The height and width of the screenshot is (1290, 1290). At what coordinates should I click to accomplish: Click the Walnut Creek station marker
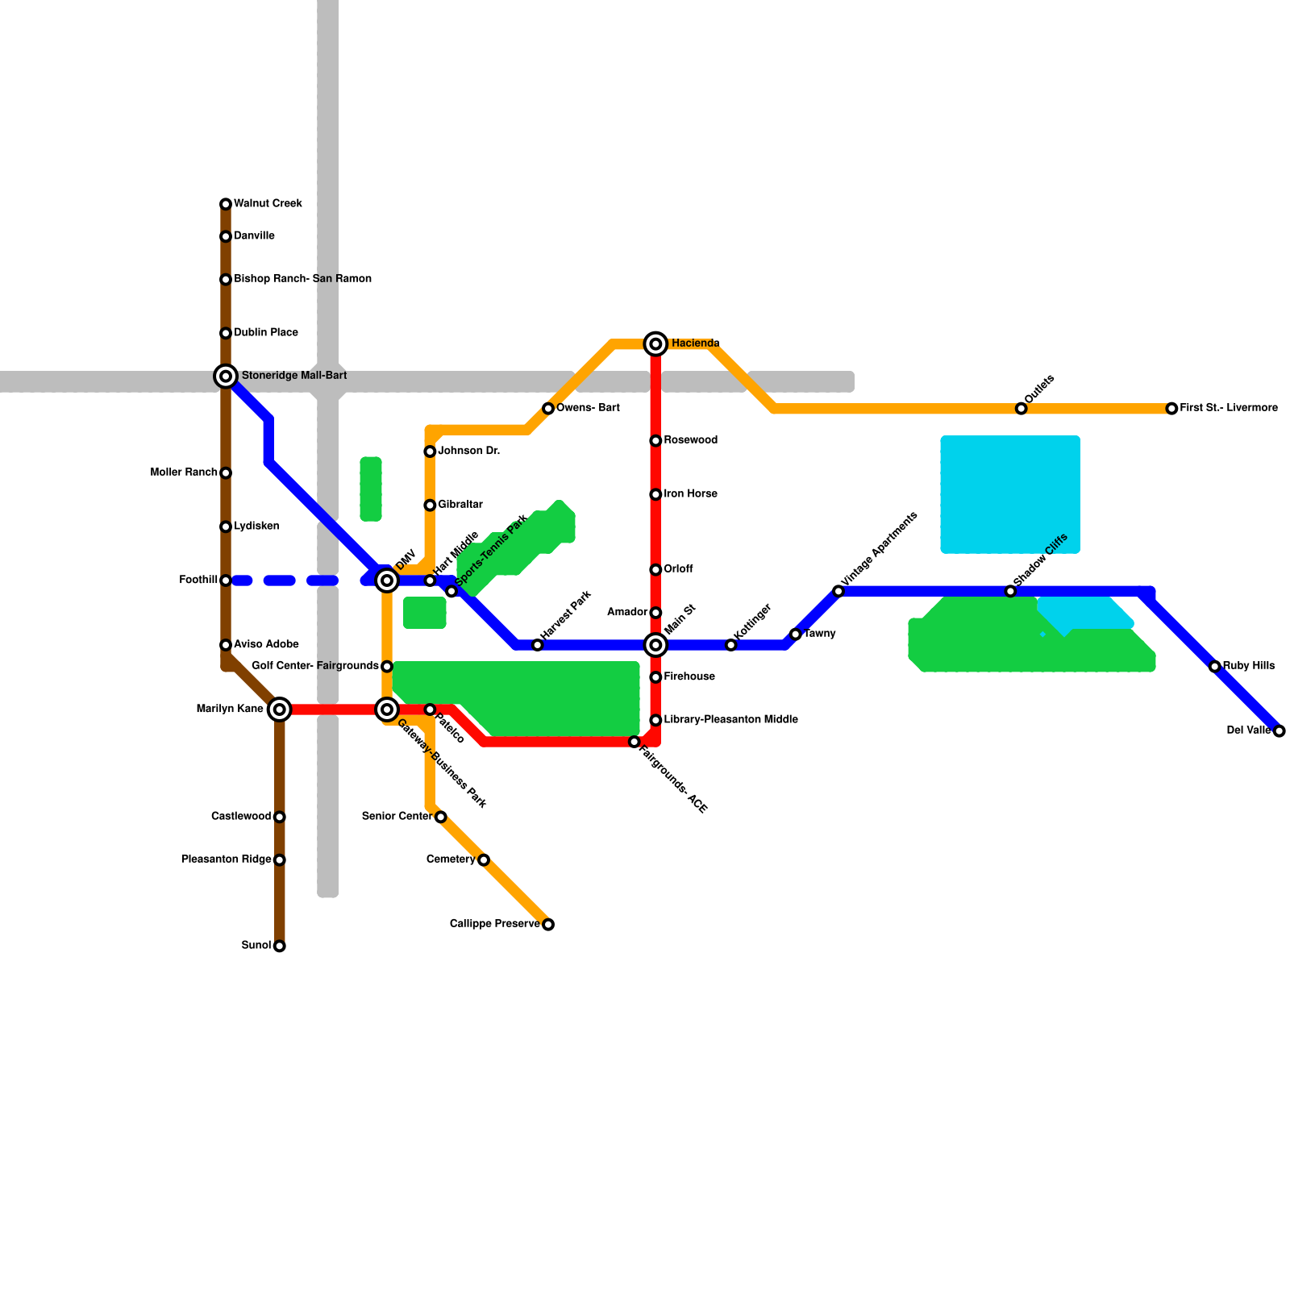[226, 204]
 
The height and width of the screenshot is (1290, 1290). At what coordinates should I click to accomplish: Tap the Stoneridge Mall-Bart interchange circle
[226, 376]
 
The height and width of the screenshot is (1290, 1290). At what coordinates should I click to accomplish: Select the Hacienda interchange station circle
[656, 344]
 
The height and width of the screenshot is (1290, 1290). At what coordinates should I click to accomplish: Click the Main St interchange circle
[656, 645]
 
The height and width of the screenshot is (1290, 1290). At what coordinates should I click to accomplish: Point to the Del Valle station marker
[1279, 731]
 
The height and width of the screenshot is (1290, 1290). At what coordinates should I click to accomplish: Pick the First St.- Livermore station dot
[1171, 409]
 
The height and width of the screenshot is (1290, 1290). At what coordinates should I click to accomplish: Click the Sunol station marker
[279, 946]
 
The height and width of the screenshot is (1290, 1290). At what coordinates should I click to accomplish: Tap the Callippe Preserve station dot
[548, 925]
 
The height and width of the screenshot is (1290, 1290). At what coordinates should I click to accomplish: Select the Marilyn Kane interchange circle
[279, 709]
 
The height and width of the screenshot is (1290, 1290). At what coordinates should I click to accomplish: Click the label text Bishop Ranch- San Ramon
[302, 279]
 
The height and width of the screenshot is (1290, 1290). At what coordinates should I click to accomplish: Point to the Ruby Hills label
[1248, 666]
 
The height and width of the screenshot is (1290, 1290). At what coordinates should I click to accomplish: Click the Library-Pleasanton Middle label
[730, 719]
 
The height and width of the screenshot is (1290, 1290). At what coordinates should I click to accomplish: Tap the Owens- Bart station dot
[548, 409]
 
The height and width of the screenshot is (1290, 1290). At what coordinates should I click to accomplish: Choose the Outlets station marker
[1021, 409]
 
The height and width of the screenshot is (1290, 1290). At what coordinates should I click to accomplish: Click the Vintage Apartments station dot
[838, 592]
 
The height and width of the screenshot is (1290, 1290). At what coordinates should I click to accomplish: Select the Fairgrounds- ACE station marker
[635, 742]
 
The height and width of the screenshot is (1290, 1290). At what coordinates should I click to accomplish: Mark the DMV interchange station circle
[387, 580]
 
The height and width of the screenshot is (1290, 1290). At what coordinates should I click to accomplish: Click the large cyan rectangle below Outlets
[1010, 494]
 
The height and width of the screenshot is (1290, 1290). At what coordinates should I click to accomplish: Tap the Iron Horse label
[690, 494]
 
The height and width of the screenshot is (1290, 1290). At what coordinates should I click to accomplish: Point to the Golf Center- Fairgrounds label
[315, 666]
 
